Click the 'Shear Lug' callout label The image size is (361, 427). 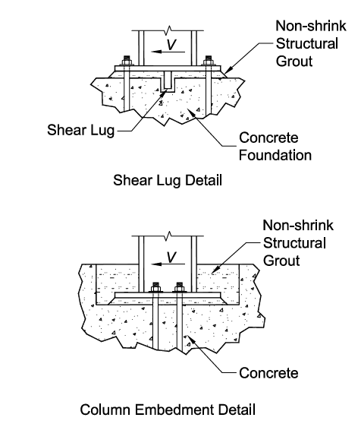pyautogui.click(x=80, y=130)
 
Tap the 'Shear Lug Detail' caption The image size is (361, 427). pyautogui.click(x=168, y=180)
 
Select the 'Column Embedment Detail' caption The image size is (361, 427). pyautogui.click(x=168, y=410)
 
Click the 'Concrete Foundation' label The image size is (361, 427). pyautogui.click(x=275, y=146)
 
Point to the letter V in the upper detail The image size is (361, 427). pyautogui.click(x=171, y=45)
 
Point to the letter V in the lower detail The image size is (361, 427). pyautogui.click(x=171, y=257)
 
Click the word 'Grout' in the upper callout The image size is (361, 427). pyautogui.click(x=294, y=62)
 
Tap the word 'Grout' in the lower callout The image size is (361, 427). pyautogui.click(x=281, y=261)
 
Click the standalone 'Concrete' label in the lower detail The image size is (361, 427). pyautogui.click(x=268, y=373)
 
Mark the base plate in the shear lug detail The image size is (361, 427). pyautogui.click(x=168, y=68)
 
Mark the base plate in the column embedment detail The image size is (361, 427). pyautogui.click(x=168, y=296)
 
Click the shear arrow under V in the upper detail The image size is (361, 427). pyautogui.click(x=168, y=52)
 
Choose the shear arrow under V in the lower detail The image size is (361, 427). pyautogui.click(x=168, y=264)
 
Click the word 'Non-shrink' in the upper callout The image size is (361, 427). pyautogui.click(x=311, y=26)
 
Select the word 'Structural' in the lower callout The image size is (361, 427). pyautogui.click(x=294, y=243)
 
